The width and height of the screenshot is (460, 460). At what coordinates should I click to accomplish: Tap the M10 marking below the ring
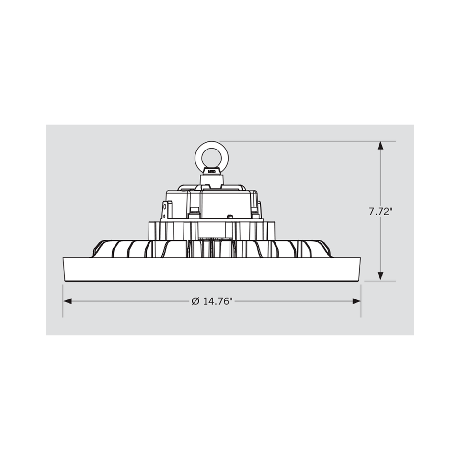pyautogui.click(x=211, y=170)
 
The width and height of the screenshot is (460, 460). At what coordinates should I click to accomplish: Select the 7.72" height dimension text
pyautogui.click(x=380, y=211)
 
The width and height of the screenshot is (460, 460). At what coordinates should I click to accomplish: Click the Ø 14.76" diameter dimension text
pyautogui.click(x=212, y=301)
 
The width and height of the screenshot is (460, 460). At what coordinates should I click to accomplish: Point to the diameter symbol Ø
pyautogui.click(x=195, y=301)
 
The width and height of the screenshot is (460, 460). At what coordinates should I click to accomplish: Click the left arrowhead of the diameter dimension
pyautogui.click(x=68, y=301)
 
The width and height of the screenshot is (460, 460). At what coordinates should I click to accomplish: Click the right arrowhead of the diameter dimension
pyautogui.click(x=356, y=301)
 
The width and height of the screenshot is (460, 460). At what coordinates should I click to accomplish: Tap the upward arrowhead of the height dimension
pyautogui.click(x=380, y=146)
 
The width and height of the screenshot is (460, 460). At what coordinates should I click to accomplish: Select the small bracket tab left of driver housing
pyautogui.click(x=166, y=210)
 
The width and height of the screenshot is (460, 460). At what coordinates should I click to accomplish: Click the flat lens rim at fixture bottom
pyautogui.click(x=212, y=269)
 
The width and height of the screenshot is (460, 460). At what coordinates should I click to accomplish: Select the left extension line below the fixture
pyautogui.click(x=63, y=302)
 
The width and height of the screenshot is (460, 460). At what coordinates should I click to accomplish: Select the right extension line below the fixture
pyautogui.click(x=361, y=302)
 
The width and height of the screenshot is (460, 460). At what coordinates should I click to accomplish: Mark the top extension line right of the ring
pyautogui.click(x=307, y=141)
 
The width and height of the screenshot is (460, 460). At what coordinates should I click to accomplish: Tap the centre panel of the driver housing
pyautogui.click(x=223, y=204)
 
